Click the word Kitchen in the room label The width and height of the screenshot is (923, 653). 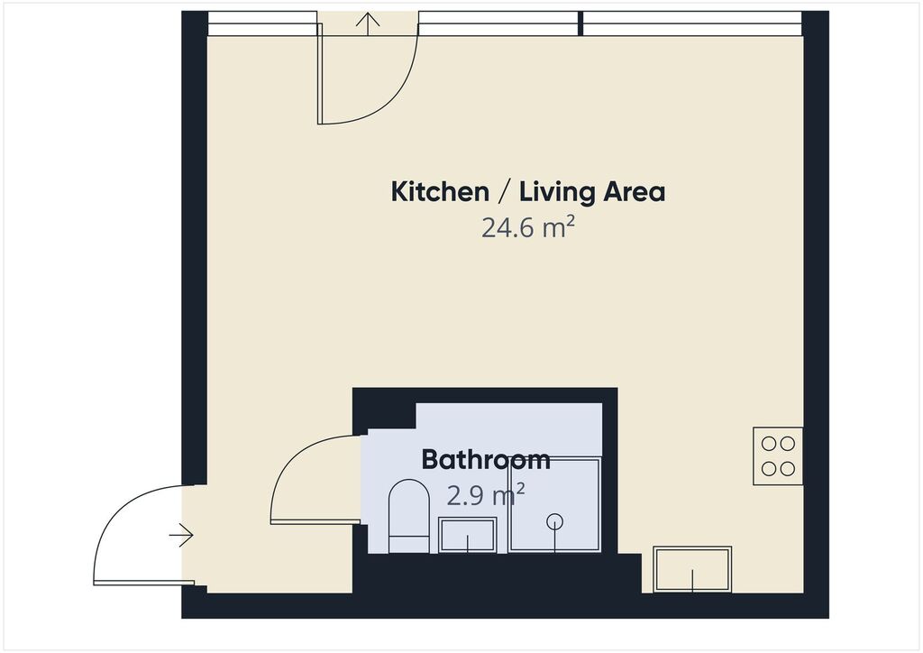point(440,192)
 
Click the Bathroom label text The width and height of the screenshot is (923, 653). point(486,459)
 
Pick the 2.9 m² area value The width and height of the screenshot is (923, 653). point(486,496)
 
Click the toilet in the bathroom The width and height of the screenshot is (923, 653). point(409,516)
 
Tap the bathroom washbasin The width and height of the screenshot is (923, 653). point(468,535)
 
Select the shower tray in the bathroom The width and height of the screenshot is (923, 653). point(554,504)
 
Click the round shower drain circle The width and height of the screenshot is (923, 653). point(554,521)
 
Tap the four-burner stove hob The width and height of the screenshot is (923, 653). point(778,455)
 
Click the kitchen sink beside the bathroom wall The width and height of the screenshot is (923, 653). point(692,569)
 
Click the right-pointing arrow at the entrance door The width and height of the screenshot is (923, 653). point(181,535)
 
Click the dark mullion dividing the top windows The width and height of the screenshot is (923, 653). point(580,23)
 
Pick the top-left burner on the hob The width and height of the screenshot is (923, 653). point(769,444)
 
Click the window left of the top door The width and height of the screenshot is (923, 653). point(262,23)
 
